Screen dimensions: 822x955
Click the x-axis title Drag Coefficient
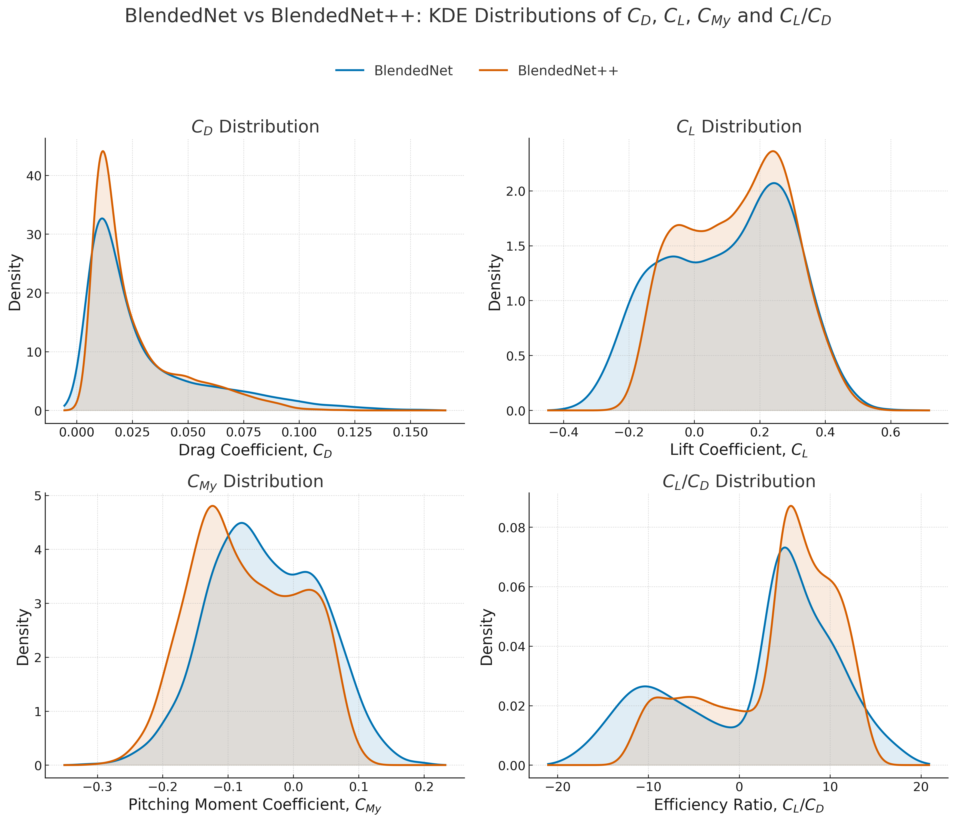[255, 450]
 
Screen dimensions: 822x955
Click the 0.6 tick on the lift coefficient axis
[891, 433]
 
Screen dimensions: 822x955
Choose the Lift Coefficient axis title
[738, 450]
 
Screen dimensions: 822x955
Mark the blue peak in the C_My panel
[242, 523]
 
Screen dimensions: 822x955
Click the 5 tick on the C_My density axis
[35, 496]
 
